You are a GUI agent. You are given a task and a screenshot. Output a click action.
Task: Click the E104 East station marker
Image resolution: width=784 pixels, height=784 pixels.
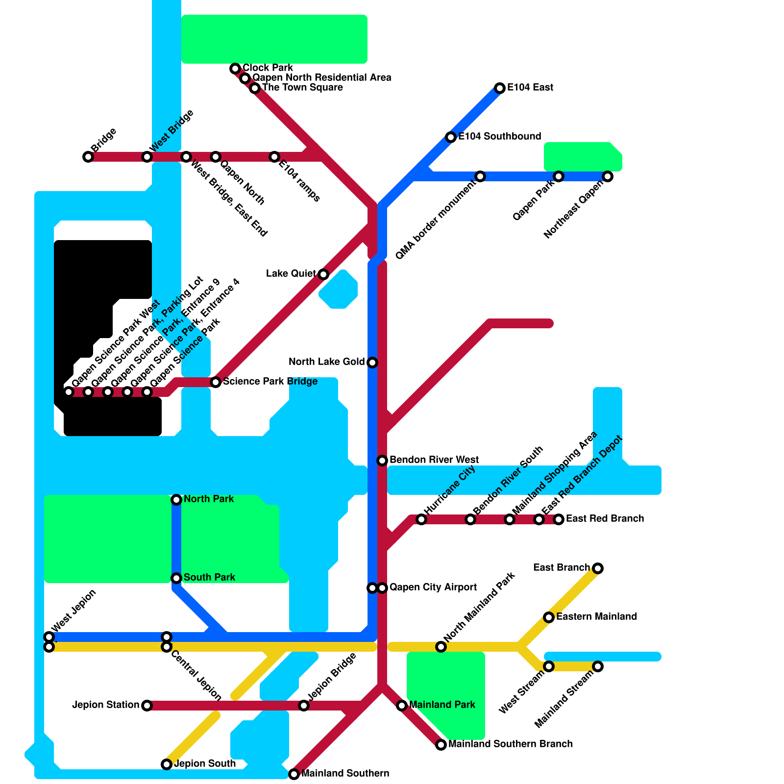[x=500, y=88]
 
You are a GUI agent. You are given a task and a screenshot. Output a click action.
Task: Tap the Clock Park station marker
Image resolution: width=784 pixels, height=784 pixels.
[x=235, y=69]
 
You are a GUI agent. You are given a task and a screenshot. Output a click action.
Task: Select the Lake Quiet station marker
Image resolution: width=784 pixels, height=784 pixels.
[x=323, y=274]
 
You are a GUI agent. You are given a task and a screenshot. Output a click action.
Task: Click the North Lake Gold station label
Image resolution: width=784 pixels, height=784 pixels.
[x=326, y=362]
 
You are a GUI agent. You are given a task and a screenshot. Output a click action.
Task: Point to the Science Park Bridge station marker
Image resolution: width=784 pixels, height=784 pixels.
[x=216, y=382]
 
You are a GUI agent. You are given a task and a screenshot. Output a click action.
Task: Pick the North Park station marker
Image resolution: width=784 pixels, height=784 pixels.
[x=176, y=500]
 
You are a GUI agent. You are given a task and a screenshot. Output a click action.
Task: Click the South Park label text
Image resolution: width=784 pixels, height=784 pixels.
[x=209, y=577]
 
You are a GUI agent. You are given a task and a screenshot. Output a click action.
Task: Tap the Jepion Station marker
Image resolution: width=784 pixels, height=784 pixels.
[x=147, y=706]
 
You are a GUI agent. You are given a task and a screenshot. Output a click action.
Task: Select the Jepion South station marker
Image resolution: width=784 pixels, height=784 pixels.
[x=167, y=764]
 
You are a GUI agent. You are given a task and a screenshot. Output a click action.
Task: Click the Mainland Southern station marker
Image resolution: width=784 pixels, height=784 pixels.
[x=294, y=774]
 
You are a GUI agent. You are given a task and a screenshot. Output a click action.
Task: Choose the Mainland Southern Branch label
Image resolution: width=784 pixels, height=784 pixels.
[x=510, y=744]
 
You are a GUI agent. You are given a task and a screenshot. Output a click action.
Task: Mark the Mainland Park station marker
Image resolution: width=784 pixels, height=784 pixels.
[x=402, y=706]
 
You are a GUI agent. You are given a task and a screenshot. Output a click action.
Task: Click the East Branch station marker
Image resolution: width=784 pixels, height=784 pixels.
[x=598, y=568]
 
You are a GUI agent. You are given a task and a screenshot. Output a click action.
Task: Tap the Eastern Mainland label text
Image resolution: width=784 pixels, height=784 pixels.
[x=596, y=616]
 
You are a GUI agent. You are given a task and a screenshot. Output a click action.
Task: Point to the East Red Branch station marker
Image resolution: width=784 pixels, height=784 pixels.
[x=559, y=519]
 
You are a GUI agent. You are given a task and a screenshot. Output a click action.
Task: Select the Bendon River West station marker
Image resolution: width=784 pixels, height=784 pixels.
[x=382, y=461]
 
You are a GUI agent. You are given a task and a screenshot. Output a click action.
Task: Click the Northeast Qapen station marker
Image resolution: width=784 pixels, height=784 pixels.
[x=608, y=176]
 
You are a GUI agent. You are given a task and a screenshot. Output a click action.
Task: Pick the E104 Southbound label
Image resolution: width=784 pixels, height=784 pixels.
[x=499, y=136]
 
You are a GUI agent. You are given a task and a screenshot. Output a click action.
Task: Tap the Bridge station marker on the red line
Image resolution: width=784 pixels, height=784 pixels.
[x=88, y=157]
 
